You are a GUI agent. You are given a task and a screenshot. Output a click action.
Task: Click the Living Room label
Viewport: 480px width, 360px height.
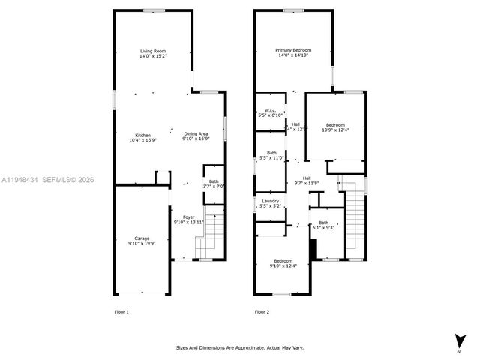coord(152,50)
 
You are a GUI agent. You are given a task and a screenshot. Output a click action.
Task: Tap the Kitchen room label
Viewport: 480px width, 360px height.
coord(142,135)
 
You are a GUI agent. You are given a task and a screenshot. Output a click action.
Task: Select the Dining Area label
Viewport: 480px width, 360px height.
coord(196,135)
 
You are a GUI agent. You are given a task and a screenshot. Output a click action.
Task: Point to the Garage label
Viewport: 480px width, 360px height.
coord(142,238)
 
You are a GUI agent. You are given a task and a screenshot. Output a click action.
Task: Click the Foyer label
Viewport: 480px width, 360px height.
coord(188,217)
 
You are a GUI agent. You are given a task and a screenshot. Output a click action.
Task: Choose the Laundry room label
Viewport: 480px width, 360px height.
coord(270,201)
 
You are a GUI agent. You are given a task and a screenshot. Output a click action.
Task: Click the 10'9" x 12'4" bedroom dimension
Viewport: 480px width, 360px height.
coord(335,130)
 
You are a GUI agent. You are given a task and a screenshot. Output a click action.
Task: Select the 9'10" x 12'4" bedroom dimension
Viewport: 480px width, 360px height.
coord(283,265)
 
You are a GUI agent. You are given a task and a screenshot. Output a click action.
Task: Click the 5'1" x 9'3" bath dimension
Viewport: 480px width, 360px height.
coord(324,227)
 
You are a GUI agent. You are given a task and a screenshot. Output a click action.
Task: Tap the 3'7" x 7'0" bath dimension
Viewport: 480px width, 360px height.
coord(214,186)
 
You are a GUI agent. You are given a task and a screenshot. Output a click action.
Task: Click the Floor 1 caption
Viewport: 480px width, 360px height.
coord(121,312)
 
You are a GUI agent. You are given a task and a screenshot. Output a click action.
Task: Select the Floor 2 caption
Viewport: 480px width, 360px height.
coord(262,312)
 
